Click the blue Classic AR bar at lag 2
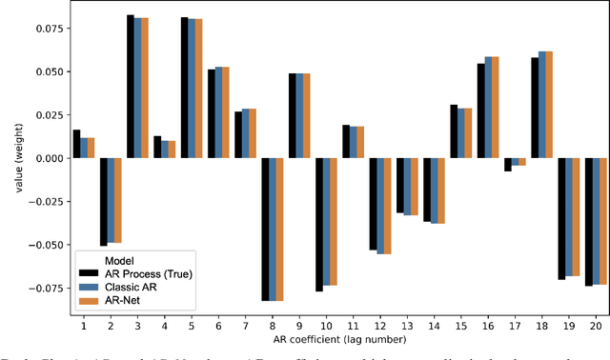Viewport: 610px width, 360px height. point(110,201)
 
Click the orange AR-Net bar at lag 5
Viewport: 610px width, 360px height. point(199,89)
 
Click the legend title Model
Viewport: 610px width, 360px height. point(95,259)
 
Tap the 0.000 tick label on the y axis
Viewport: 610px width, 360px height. point(45,158)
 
